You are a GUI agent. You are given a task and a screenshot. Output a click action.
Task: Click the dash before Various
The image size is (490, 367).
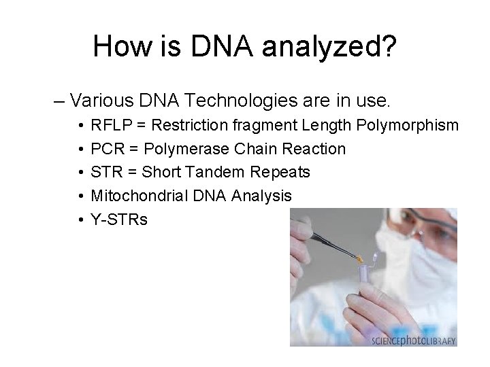pos(59,103)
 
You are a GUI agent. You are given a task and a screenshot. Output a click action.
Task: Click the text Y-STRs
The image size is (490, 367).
pos(118,220)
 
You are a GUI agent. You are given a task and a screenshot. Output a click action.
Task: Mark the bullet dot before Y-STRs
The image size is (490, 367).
pos(80,220)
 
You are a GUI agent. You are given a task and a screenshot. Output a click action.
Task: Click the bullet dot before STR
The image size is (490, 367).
pos(80,172)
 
